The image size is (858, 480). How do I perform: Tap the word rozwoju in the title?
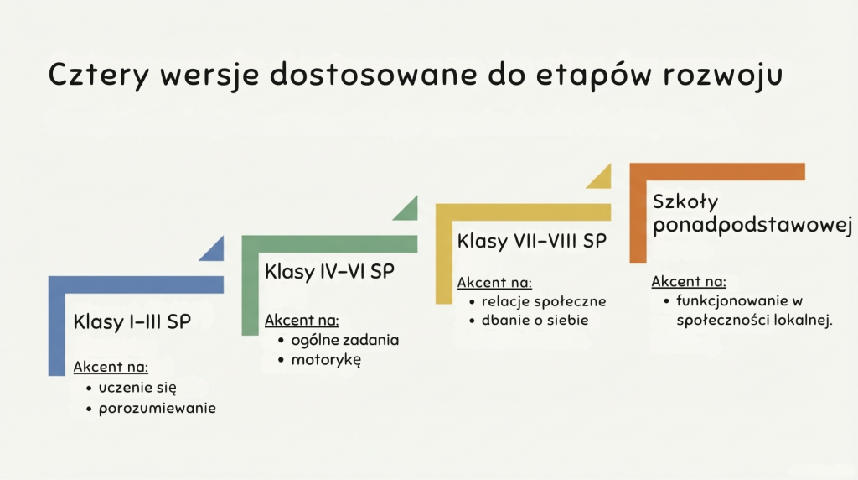(723, 76)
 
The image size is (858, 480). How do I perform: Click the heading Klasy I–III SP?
(132, 321)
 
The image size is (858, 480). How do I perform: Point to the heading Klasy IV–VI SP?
(329, 272)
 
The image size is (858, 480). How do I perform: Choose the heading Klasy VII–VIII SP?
(532, 241)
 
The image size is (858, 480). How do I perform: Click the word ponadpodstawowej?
(752, 225)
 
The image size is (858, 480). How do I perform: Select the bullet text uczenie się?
(137, 388)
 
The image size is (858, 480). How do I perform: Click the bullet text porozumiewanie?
(157, 409)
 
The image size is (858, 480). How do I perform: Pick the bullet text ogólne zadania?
(344, 340)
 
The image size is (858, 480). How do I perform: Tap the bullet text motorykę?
(326, 360)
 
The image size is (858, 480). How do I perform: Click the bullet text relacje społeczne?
(544, 301)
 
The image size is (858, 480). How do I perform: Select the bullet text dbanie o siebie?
(535, 320)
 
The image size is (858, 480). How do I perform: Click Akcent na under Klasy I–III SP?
(111, 367)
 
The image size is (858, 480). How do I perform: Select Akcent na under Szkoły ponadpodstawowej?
(689, 282)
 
